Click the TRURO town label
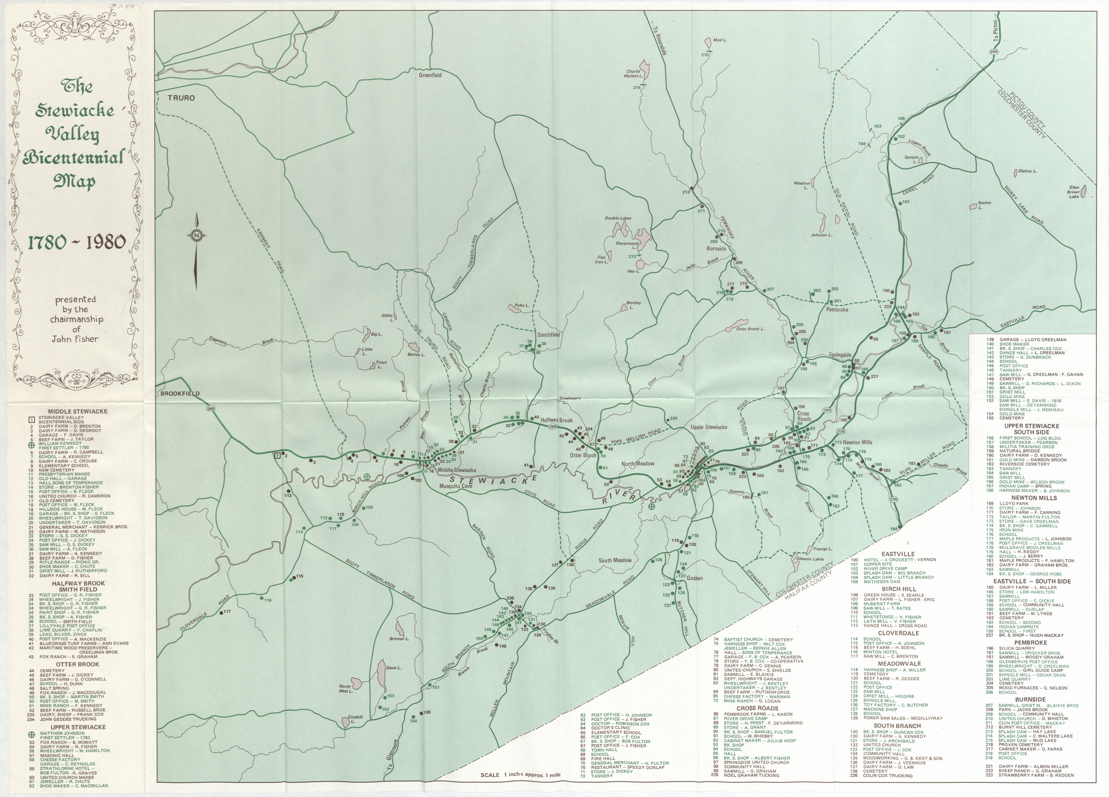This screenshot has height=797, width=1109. [x=181, y=98]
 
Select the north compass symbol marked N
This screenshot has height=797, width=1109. [x=196, y=235]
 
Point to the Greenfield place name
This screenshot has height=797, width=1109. [x=430, y=75]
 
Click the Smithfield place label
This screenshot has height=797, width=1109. [x=549, y=335]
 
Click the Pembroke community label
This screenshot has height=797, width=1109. [x=837, y=309]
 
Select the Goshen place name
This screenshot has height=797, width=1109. [x=695, y=578]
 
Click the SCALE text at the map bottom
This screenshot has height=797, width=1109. [x=490, y=775]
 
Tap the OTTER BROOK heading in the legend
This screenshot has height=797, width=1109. [x=77, y=665]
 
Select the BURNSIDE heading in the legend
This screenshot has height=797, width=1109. [x=1030, y=699]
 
